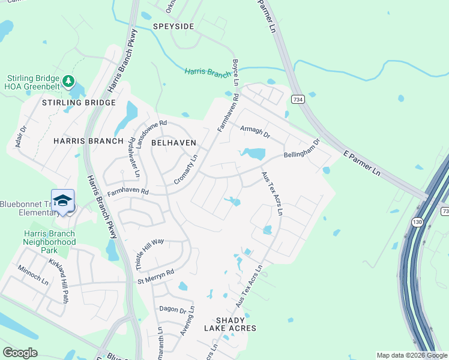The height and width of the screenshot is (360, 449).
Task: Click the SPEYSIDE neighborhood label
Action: (x=173, y=26)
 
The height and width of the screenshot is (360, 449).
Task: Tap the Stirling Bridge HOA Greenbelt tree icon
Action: (x=69, y=80)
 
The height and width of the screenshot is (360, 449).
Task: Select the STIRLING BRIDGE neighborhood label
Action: (x=79, y=103)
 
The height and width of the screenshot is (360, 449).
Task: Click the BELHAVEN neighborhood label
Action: (x=174, y=142)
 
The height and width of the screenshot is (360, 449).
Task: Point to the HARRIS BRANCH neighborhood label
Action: (x=84, y=141)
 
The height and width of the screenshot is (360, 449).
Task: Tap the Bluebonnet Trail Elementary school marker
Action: (x=62, y=202)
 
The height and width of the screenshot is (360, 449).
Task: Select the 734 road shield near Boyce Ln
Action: (x=297, y=98)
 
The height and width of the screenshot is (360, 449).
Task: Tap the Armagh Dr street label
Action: (x=255, y=131)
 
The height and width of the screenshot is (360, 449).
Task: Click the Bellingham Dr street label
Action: (x=302, y=148)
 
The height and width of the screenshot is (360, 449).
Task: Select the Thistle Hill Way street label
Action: (x=150, y=246)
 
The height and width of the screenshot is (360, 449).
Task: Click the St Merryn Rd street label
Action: (x=155, y=276)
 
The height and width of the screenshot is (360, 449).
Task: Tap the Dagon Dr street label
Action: (x=173, y=309)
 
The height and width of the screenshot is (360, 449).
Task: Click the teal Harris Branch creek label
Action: (x=208, y=72)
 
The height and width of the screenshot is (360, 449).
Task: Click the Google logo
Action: (x=20, y=353)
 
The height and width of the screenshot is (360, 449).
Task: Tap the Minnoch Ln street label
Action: (x=33, y=275)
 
